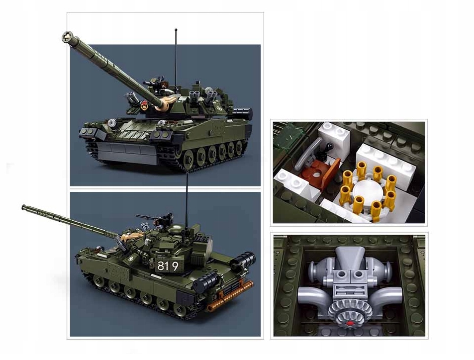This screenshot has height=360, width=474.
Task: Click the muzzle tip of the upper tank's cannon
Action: click(x=68, y=38)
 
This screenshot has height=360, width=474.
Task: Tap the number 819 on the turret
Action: click(x=168, y=266)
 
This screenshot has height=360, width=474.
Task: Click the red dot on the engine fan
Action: click(x=350, y=323)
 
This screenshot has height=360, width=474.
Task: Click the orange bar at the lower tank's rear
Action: click(x=230, y=296)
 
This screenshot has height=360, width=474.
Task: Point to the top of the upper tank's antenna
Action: click(x=176, y=30)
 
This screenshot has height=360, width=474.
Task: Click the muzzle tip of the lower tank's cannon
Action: click(x=23, y=207)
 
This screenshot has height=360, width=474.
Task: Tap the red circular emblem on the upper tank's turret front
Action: click(x=145, y=105)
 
